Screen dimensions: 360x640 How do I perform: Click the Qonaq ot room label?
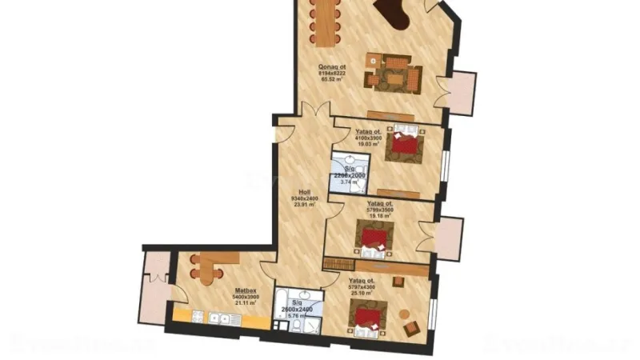pyautogui.click(x=331, y=67)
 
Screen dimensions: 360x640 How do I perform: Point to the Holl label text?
pyautogui.click(x=304, y=193)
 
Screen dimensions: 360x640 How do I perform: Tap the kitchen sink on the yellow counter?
pyautogui.click(x=215, y=318)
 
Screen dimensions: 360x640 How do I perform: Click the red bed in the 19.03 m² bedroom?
pyautogui.click(x=406, y=145)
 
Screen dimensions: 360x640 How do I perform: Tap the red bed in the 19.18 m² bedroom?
pyautogui.click(x=374, y=238)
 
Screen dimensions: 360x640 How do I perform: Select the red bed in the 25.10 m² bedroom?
pyautogui.click(x=369, y=317)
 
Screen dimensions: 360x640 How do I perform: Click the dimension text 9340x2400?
pyautogui.click(x=305, y=199)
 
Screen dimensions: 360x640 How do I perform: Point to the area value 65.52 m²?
pyautogui.click(x=330, y=80)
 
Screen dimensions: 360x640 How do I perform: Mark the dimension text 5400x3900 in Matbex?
pyautogui.click(x=246, y=297)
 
